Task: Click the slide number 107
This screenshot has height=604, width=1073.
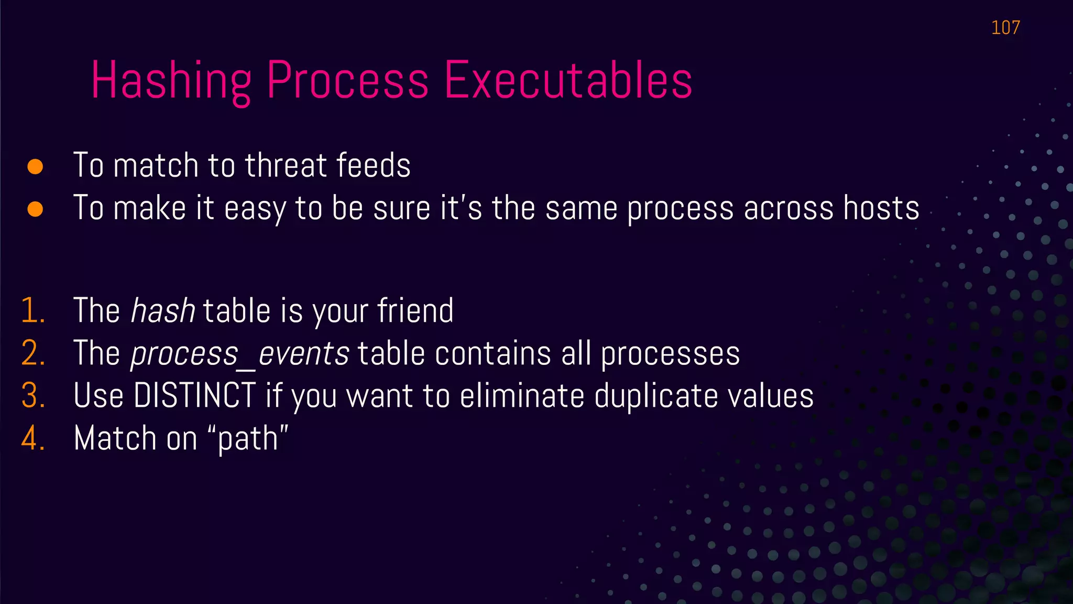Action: coord(1005,27)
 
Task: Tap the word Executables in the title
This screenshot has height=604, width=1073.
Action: coord(568,81)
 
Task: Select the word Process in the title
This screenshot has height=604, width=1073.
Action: coord(348,81)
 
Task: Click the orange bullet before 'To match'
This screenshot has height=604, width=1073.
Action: coord(35,167)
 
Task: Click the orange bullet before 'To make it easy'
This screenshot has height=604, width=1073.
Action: coord(35,209)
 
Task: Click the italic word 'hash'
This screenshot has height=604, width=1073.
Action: coord(162,311)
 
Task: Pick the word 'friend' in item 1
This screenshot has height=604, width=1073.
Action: coord(415,311)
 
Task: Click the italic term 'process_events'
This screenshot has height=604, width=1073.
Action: coord(239,353)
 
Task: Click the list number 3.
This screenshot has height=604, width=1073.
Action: coord(32,396)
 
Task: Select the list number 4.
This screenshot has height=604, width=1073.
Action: coord(32,438)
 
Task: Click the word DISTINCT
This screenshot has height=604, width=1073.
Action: coord(194,396)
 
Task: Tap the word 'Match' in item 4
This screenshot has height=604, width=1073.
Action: coord(115,438)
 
